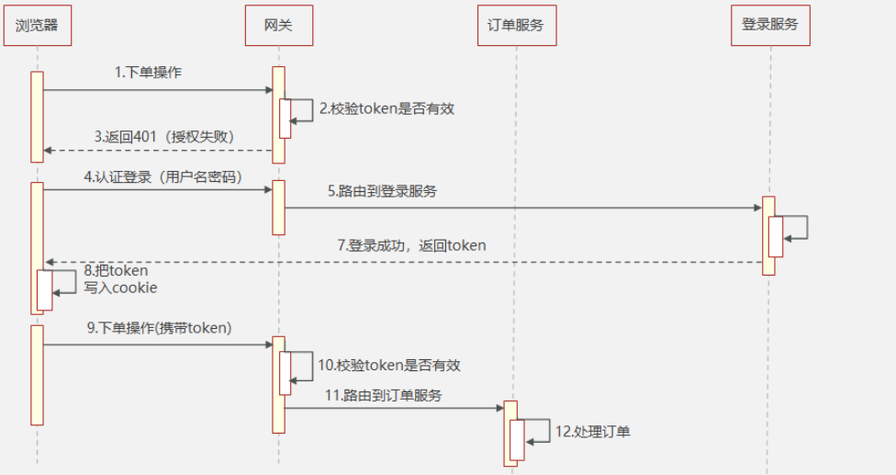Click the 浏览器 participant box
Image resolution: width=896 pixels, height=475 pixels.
(x=37, y=25)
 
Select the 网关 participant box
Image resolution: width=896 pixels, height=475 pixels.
(x=278, y=25)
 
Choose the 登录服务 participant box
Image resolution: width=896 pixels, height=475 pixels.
(x=770, y=25)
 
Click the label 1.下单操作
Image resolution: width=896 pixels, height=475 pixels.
(x=149, y=73)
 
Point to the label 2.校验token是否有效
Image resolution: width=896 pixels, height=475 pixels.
(x=386, y=108)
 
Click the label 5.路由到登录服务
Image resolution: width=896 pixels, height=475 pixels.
(x=383, y=192)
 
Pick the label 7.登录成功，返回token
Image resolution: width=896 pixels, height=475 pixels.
(x=411, y=245)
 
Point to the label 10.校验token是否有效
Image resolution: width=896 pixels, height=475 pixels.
(x=389, y=365)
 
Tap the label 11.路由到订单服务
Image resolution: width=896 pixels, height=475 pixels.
(x=384, y=395)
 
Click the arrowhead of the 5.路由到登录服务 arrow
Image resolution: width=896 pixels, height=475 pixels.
(x=757, y=208)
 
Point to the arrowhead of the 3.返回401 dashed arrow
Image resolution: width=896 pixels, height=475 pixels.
(x=49, y=150)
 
